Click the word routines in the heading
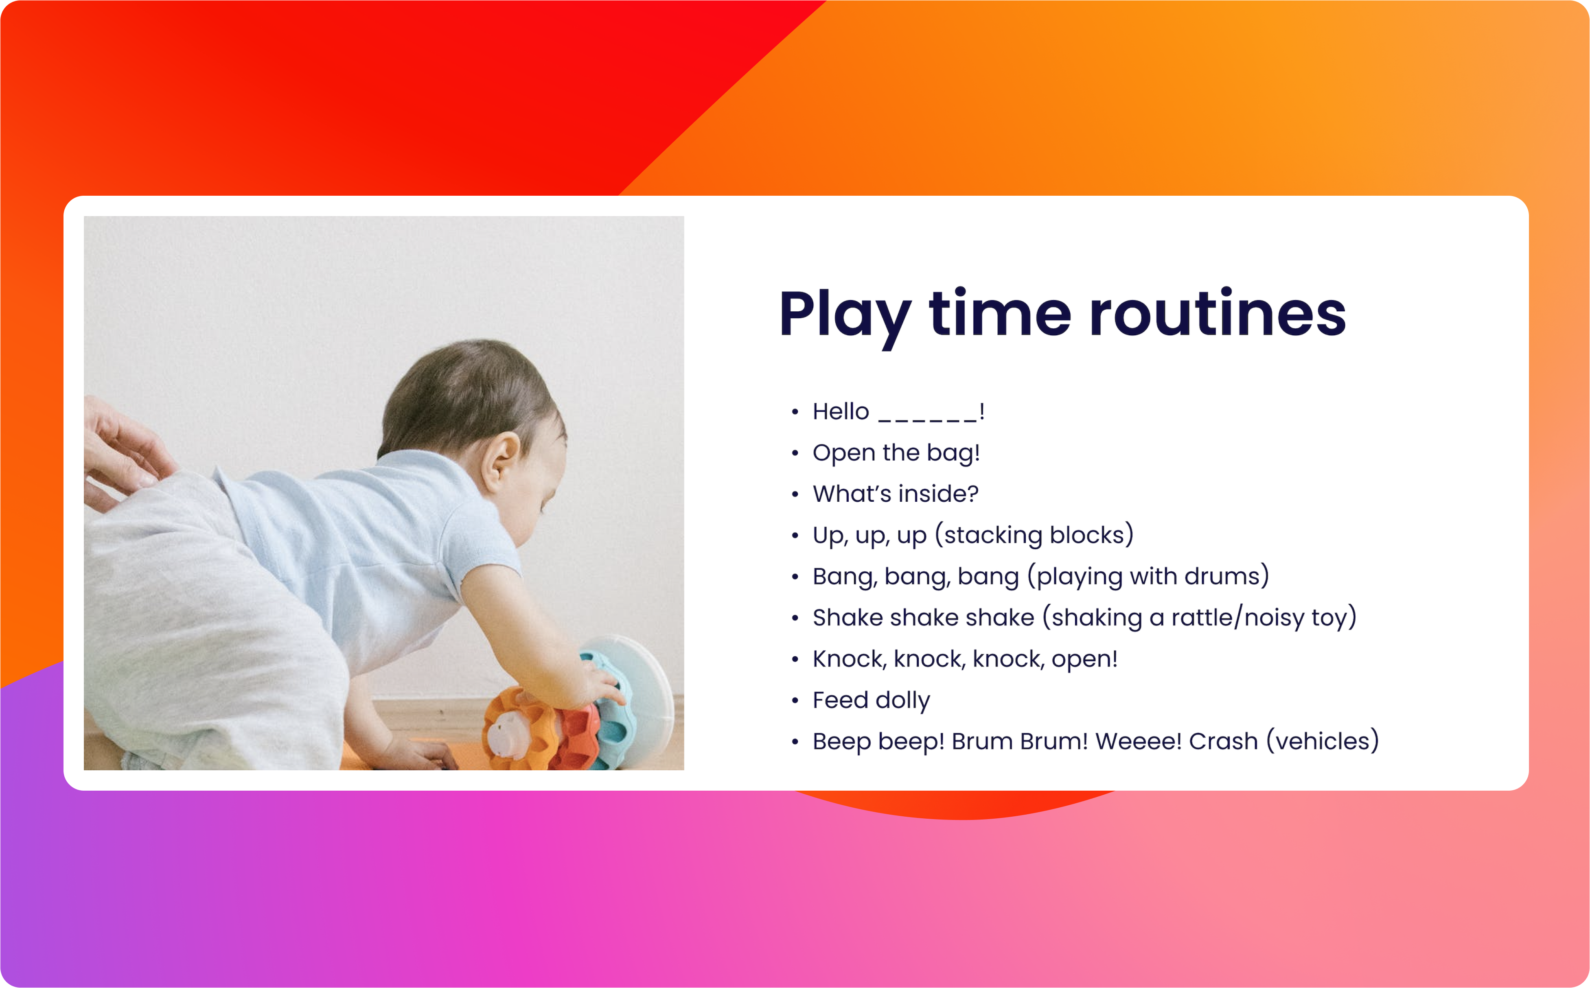tap(1218, 314)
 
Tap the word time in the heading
tap(1000, 314)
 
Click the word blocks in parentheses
tap(1087, 535)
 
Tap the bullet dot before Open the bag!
tap(795, 453)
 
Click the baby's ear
tap(499, 461)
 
